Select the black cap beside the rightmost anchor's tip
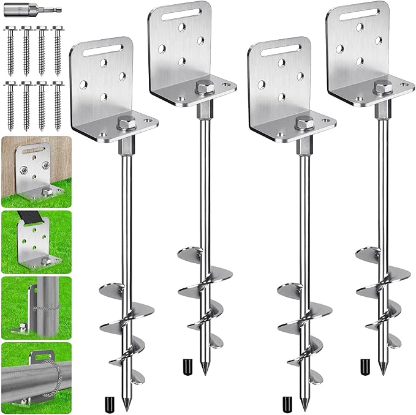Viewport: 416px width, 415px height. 366,366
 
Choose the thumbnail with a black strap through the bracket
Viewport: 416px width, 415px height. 36,241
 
